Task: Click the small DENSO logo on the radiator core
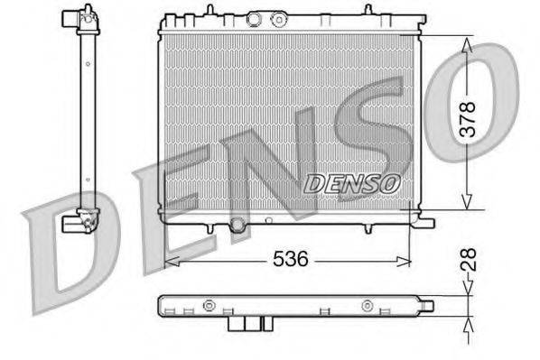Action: point(352,181)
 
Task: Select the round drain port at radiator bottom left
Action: point(237,224)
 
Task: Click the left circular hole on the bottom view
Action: point(209,304)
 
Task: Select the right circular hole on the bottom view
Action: point(367,304)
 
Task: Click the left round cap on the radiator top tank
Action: point(256,19)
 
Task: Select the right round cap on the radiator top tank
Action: point(278,17)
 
